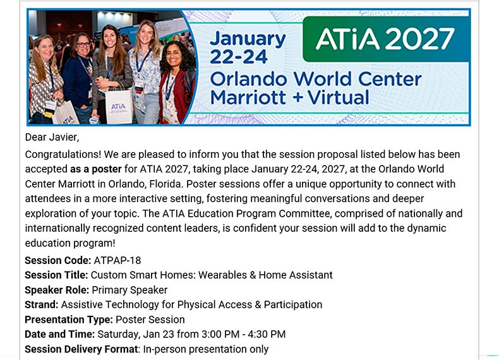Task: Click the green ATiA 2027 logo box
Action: coord(386,39)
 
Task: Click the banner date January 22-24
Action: coord(248,48)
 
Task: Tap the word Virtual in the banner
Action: coord(339,97)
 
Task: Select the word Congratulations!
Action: coord(63,155)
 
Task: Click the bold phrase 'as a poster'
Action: coord(96,169)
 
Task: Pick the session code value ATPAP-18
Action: coord(117,260)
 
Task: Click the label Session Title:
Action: coord(56,275)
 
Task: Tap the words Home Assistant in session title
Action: coord(296,275)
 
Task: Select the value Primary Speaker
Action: coord(129,290)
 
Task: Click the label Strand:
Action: coord(42,304)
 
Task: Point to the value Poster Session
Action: coord(150,320)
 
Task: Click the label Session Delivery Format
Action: coord(81,349)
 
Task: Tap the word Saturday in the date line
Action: coord(119,335)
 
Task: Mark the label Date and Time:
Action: coord(60,334)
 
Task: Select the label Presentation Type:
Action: coord(69,320)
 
